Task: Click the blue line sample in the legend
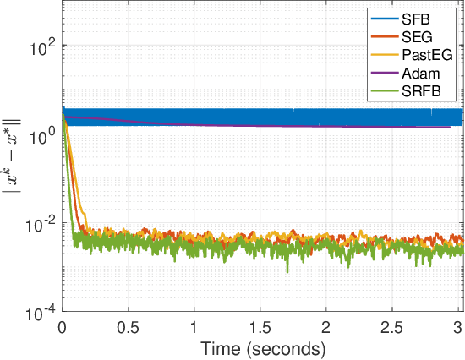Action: click(385, 18)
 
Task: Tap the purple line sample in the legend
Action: click(385, 74)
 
